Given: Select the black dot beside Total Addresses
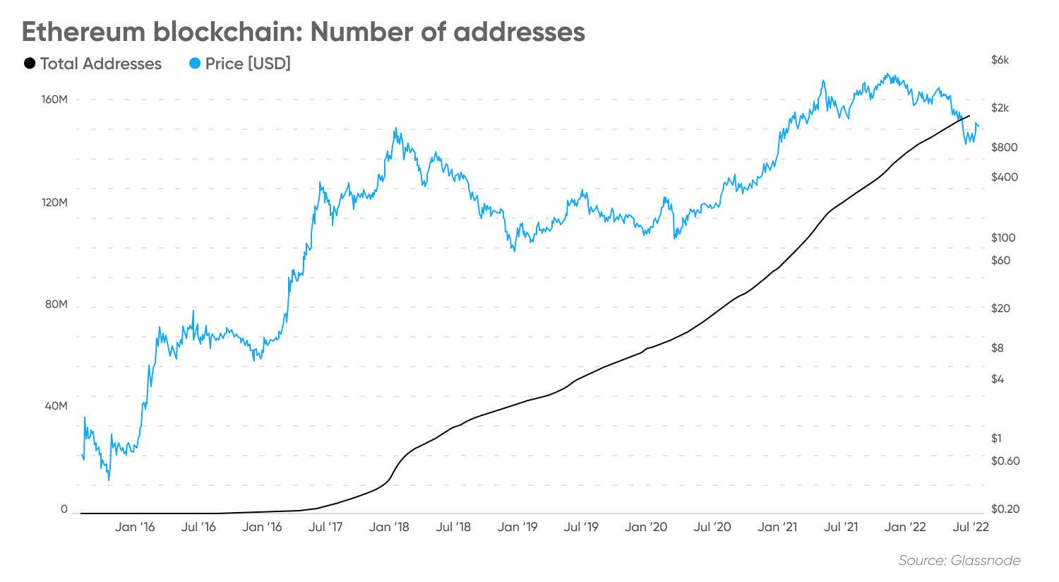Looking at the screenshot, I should (x=30, y=64).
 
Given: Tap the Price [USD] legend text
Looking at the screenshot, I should (x=248, y=64).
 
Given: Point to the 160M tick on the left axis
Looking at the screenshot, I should (x=54, y=100).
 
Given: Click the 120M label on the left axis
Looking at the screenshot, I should (x=54, y=203).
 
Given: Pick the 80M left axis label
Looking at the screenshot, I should (x=56, y=305).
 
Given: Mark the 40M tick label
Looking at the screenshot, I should (x=56, y=407).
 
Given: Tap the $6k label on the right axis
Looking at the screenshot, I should (x=1000, y=61).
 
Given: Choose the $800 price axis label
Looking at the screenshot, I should (x=1004, y=148).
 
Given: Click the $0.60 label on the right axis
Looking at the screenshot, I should (x=1005, y=461).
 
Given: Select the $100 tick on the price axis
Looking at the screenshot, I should (x=1003, y=238).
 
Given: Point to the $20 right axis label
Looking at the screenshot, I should (x=1000, y=309).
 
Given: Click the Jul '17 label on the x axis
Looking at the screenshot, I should (x=325, y=527).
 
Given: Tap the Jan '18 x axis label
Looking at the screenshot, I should (x=389, y=527).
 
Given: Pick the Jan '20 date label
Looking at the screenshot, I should (x=646, y=527).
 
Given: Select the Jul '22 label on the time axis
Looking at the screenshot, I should (x=971, y=527).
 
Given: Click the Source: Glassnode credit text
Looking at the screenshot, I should (x=959, y=561).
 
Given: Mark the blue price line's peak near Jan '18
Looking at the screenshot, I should (x=395, y=129).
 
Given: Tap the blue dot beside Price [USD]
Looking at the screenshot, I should (x=196, y=64).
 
